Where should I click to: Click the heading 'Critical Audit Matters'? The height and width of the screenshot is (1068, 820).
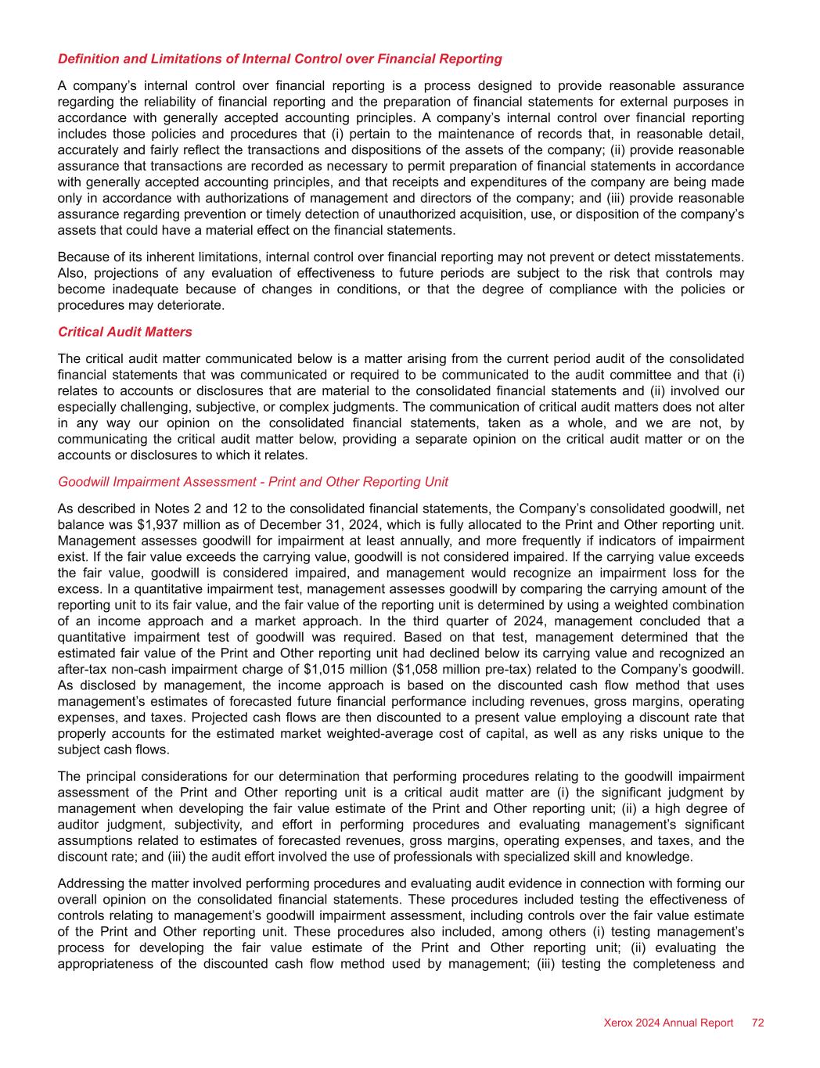[x=124, y=332]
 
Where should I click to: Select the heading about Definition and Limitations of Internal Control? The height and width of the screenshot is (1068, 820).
[x=279, y=59]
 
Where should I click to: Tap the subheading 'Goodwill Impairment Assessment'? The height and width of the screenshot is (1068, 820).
[x=253, y=481]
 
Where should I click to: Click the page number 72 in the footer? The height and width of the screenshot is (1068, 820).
[x=757, y=1023]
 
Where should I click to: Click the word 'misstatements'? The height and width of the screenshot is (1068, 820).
[x=699, y=257]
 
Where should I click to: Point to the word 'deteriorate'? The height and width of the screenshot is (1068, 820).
[x=192, y=305]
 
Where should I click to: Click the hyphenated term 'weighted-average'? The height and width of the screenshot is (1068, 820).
[x=466, y=733]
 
